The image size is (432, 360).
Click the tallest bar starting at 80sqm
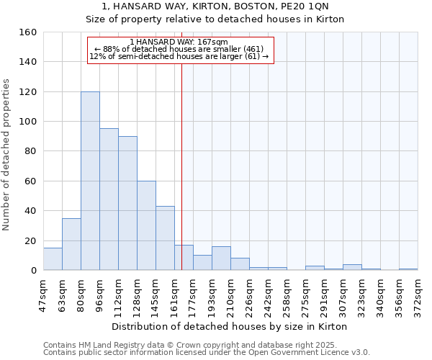click(90, 181)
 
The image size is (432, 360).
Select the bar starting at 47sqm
click(53, 259)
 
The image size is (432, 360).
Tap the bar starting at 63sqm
click(71, 244)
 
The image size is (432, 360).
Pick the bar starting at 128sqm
click(146, 225)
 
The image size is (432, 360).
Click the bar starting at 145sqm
click(165, 238)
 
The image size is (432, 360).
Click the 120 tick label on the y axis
click(27, 92)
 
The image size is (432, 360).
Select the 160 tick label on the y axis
click(27, 32)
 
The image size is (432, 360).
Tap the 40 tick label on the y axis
click(30, 211)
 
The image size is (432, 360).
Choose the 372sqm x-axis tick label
click(418, 294)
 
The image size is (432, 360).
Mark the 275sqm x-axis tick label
click(306, 294)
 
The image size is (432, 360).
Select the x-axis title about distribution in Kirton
click(230, 326)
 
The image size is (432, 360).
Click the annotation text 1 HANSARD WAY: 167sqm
click(179, 42)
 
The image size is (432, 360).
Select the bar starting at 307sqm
click(352, 267)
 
